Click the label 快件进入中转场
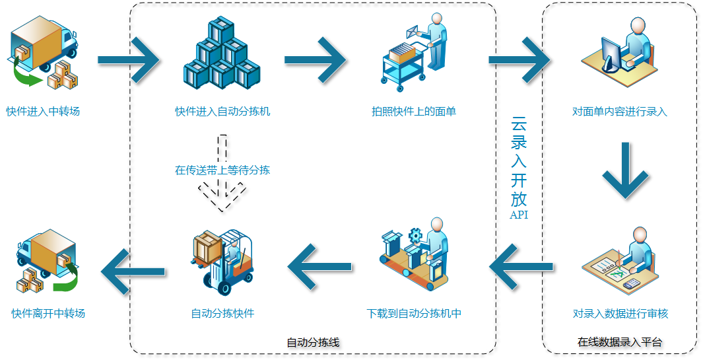43,112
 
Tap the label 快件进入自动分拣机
222,112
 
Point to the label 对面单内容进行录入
620,112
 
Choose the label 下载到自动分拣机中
414,314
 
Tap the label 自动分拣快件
222,314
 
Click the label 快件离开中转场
48,314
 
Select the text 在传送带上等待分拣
222,170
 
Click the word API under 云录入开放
519,215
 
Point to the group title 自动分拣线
313,343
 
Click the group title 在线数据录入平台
620,342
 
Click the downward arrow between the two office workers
624,171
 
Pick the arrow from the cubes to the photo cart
314,60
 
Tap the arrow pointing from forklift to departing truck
135,267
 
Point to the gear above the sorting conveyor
415,234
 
